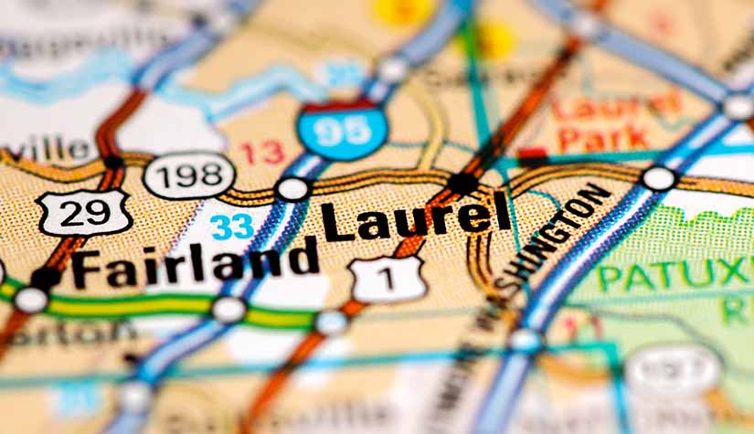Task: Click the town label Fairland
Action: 196,259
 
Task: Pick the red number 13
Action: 262,152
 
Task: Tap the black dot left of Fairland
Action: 45,276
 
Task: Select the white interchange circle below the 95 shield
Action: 292,189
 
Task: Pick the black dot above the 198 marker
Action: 114,163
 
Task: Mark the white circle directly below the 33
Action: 228,309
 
